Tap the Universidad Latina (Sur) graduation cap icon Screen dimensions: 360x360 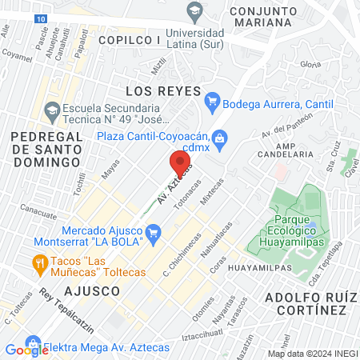[x=193, y=11]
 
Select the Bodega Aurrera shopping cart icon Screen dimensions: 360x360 [x=212, y=102]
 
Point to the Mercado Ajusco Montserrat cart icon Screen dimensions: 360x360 [x=155, y=234]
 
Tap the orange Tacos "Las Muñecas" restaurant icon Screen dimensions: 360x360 [x=38, y=262]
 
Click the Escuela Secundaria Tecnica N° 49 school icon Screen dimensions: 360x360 [x=53, y=110]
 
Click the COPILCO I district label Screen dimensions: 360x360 [x=129, y=38]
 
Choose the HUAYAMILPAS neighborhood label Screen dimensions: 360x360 [x=258, y=267]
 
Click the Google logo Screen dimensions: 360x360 [x=26, y=350]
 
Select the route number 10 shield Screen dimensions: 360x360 [x=40, y=18]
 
